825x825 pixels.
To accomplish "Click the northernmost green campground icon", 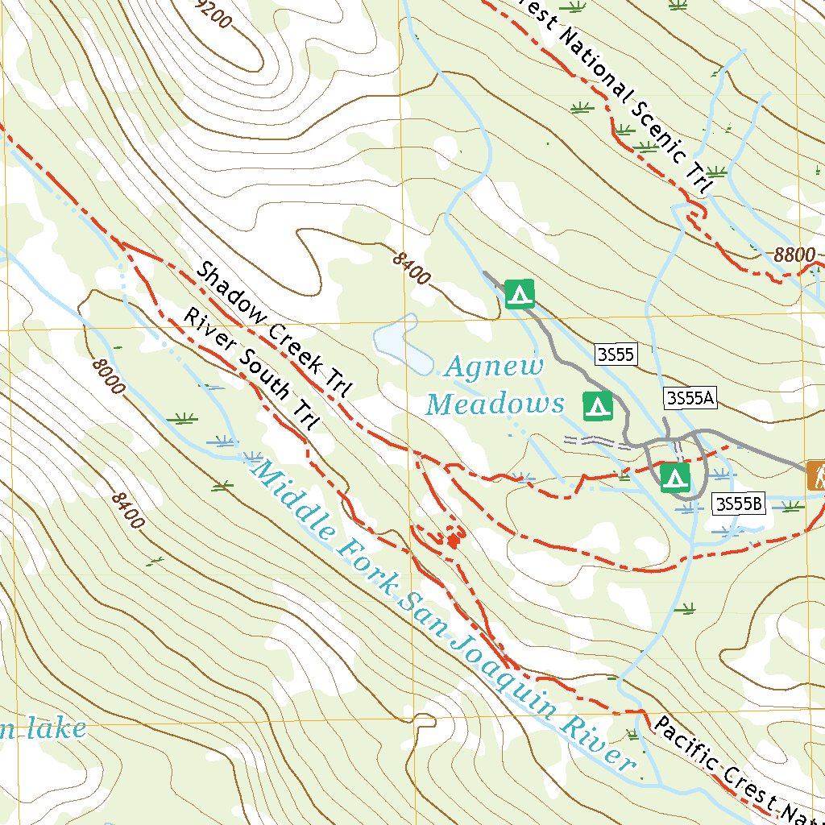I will tap(520, 293).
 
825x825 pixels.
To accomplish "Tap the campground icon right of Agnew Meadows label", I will tap(597, 406).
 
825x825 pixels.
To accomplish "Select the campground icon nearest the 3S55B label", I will tap(674, 477).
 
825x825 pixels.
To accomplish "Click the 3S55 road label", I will tap(616, 354).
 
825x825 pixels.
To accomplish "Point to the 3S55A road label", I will tap(690, 396).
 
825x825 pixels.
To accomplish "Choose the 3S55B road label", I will tap(738, 504).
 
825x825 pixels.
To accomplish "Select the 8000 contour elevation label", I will tap(109, 376).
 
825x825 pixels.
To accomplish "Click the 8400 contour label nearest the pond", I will tap(411, 268).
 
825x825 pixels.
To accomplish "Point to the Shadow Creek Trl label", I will tap(275, 330).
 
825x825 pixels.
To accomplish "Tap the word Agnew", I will tap(495, 367).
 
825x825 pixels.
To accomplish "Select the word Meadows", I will tap(495, 404).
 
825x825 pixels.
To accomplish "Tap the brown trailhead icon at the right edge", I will tap(816, 475).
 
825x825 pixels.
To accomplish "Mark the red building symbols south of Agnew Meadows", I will tap(454, 537).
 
